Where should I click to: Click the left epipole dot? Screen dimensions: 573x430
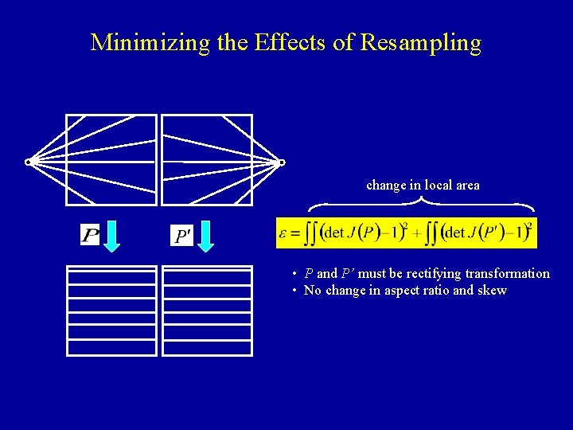click(28, 162)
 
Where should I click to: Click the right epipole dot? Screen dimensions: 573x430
click(281, 163)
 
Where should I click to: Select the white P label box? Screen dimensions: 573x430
click(90, 235)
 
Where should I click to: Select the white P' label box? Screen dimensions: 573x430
click(182, 235)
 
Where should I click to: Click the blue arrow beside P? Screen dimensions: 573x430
click(112, 236)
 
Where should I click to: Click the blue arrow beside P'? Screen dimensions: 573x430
click(206, 236)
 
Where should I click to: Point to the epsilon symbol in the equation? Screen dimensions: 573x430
click(283, 234)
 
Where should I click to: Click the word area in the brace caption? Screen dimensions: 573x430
click(466, 185)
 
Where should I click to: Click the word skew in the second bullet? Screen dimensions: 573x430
click(493, 290)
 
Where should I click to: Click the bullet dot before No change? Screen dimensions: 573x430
click(294, 290)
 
